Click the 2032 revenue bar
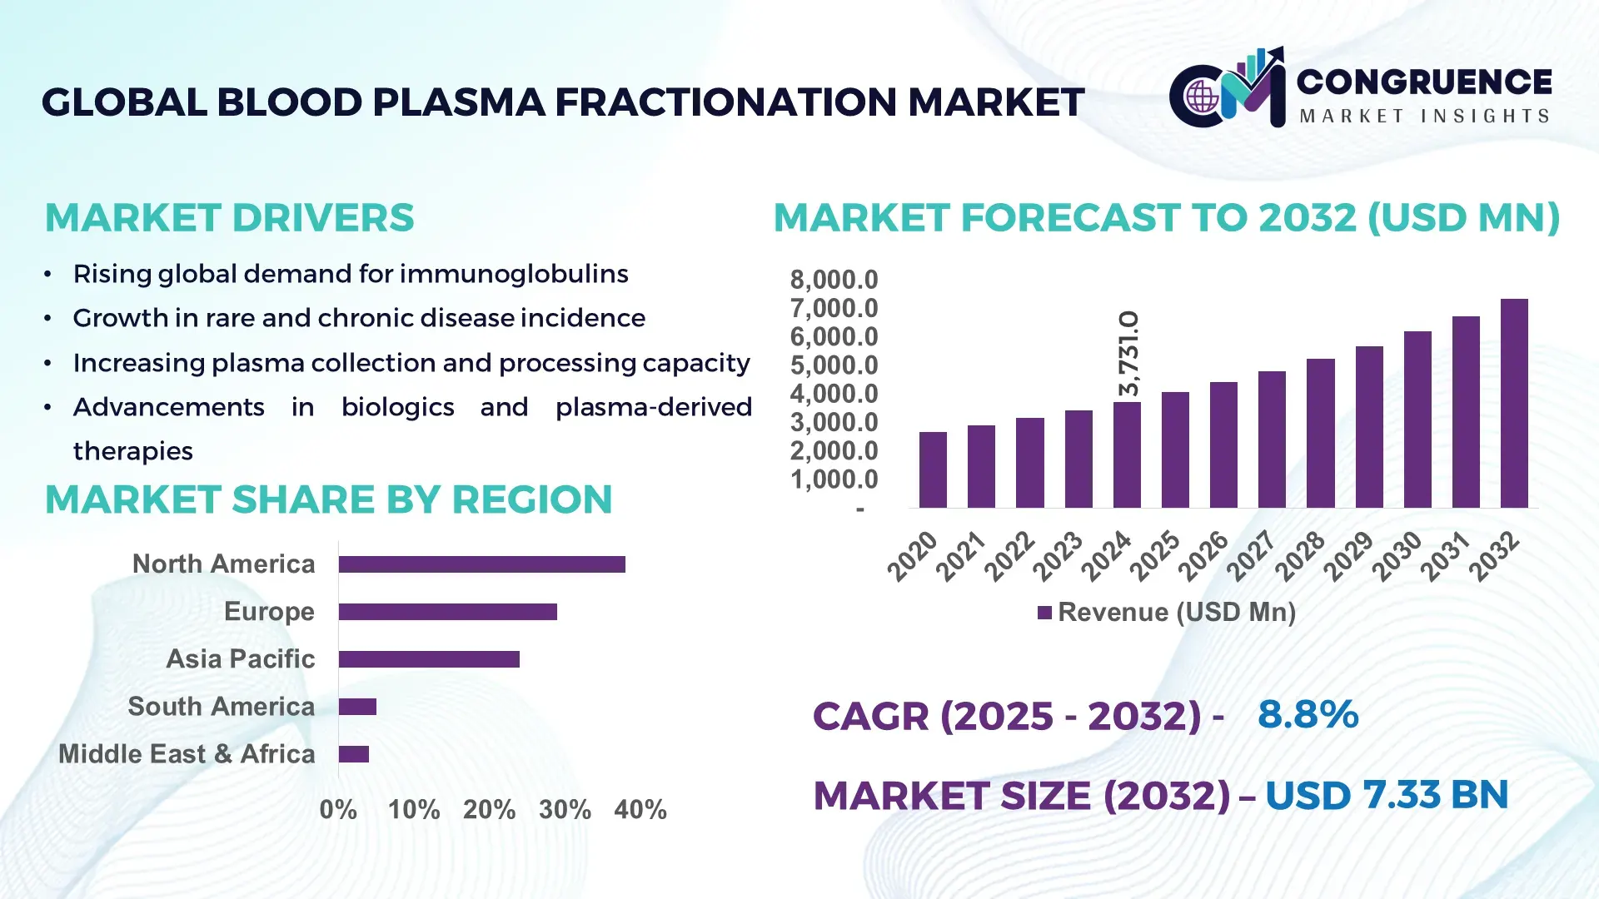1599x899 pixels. tap(1514, 404)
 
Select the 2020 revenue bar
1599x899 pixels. tap(933, 470)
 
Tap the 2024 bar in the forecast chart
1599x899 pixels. tap(1127, 455)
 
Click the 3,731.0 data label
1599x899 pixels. tap(1128, 354)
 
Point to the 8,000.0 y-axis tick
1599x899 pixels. tap(834, 280)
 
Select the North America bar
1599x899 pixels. tap(481, 564)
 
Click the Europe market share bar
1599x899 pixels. tap(447, 612)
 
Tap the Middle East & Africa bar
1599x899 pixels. tap(353, 754)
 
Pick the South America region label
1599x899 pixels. tap(221, 707)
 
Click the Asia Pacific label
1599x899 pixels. tap(240, 659)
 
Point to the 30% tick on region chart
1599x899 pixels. tap(565, 810)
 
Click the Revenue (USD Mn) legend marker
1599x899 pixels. tap(1044, 613)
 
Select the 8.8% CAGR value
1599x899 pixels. tap(1308, 714)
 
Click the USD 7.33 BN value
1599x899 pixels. tap(1387, 795)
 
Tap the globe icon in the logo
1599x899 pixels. tap(1202, 97)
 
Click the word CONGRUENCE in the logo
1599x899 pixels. tap(1424, 82)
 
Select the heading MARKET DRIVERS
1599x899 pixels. tap(229, 218)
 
